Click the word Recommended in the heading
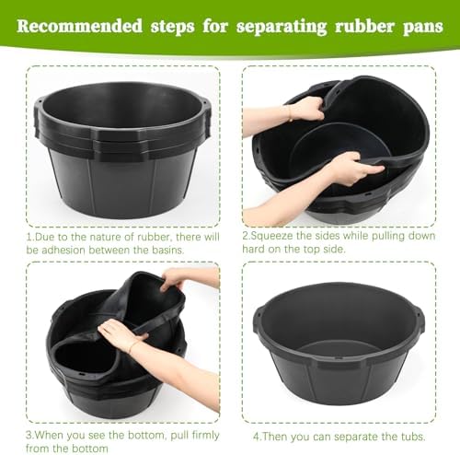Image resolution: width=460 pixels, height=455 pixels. click(80, 26)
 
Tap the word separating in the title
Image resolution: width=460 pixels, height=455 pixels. click(282, 27)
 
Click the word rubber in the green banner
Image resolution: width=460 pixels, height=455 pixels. click(364, 26)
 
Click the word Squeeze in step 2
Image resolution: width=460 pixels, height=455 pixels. click(270, 237)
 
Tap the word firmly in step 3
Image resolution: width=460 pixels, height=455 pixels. click(205, 436)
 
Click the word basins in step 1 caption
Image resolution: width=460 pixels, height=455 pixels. click(168, 251)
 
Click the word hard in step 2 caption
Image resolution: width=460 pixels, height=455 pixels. click(253, 249)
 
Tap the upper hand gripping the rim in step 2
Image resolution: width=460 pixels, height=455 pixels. click(306, 109)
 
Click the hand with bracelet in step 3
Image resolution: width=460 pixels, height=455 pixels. click(121, 334)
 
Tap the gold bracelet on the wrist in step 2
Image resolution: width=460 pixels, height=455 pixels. click(289, 113)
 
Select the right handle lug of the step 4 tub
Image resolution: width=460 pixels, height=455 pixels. click(420, 320)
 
